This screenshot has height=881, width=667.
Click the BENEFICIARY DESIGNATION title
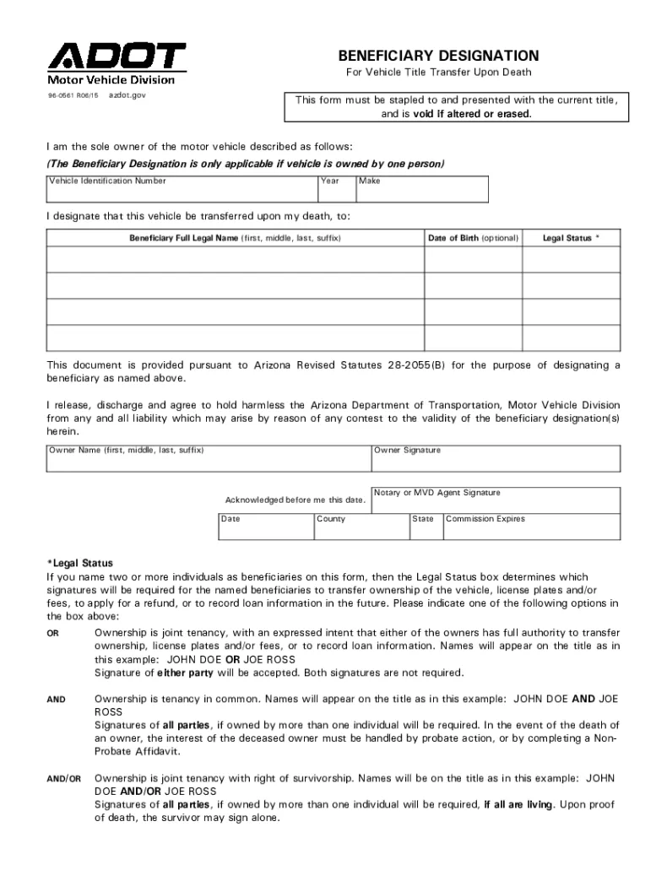tap(438, 55)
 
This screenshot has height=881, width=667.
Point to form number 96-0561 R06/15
tap(73, 96)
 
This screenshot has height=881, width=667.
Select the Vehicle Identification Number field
tap(182, 191)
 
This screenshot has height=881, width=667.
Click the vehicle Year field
tap(336, 191)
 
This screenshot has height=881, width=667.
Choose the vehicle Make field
tap(421, 191)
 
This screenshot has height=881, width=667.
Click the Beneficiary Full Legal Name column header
tap(235, 238)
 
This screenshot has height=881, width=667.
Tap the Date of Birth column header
tap(473, 238)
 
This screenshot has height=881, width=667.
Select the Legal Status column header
tap(571, 238)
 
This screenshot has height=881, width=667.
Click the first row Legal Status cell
tap(571, 259)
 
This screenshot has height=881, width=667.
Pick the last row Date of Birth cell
tap(473, 338)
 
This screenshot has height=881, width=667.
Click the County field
tap(361, 527)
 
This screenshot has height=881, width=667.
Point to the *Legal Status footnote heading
tap(79, 563)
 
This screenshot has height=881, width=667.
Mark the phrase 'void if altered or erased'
tap(472, 114)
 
